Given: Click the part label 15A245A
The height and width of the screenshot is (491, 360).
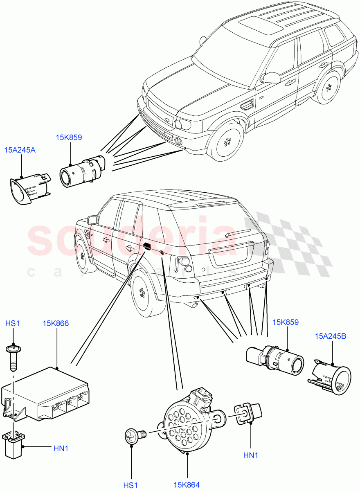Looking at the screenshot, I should click(20, 150).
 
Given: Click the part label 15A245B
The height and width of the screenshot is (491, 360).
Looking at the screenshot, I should click(331, 336).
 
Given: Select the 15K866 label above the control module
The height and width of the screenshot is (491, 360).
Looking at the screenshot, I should click(56, 323).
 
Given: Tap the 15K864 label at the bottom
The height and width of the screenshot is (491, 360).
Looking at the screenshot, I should click(187, 485).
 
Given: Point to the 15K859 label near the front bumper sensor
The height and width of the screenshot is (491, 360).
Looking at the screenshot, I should click(69, 137).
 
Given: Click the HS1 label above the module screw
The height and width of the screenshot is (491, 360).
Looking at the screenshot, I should click(12, 323).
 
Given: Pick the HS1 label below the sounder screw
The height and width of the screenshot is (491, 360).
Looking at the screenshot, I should click(131, 485).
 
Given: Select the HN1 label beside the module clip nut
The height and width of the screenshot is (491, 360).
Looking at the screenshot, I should click(61, 448).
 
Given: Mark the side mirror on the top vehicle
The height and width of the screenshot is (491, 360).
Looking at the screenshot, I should click(271, 77).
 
